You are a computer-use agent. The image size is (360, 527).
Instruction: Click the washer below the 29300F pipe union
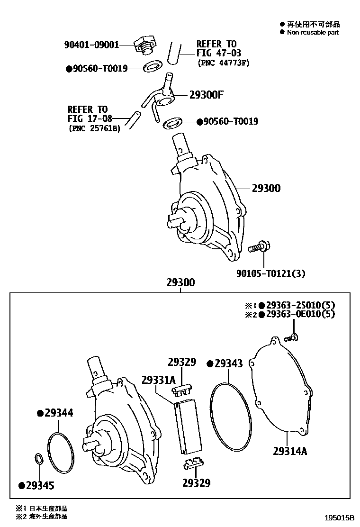(x=173, y=124)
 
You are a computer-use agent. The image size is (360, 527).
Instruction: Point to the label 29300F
(x=206, y=95)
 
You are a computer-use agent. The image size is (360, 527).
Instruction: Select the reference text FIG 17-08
(x=87, y=118)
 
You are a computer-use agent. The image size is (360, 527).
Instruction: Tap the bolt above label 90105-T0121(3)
(x=259, y=247)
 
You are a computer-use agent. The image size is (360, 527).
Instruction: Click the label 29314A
(x=290, y=451)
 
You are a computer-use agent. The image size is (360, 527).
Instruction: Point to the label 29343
(x=228, y=363)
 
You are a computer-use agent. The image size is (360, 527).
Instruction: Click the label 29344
(x=59, y=413)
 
